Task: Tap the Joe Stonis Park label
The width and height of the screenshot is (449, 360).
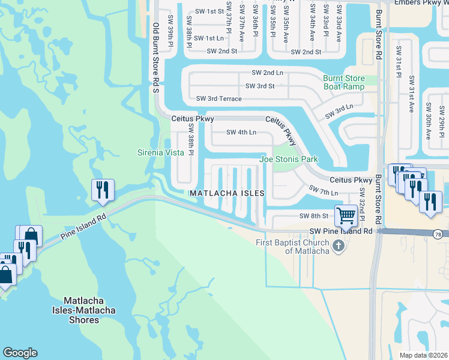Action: [288, 159]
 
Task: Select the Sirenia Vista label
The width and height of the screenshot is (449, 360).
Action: [160, 152]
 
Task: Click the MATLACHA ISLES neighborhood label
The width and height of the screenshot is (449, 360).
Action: [227, 193]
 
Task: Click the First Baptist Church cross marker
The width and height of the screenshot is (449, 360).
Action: [339, 246]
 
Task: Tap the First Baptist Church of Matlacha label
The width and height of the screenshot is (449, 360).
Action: [292, 247]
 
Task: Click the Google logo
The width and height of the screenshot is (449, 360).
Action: [20, 353]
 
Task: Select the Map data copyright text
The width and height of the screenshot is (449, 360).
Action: [424, 355]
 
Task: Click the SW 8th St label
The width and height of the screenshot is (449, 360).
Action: [315, 216]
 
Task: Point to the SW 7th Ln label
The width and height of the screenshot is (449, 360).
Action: [324, 190]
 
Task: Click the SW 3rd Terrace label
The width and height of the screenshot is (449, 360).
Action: [219, 98]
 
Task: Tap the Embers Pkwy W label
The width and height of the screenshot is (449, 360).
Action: [420, 3]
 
